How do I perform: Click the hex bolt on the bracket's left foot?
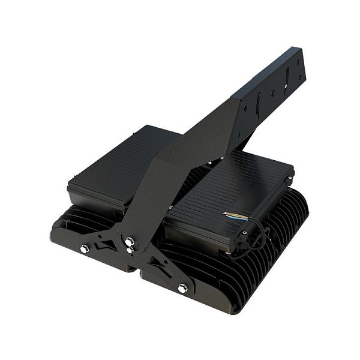[x=85, y=248]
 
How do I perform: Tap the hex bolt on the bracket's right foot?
[x=182, y=288]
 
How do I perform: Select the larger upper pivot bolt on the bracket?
[x=129, y=241]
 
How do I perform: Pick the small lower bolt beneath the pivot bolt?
[x=130, y=251]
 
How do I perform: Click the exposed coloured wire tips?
[x=232, y=214]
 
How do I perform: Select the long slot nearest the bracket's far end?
[x=287, y=78]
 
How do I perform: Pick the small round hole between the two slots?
[x=273, y=93]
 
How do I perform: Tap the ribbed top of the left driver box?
[x=120, y=162]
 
